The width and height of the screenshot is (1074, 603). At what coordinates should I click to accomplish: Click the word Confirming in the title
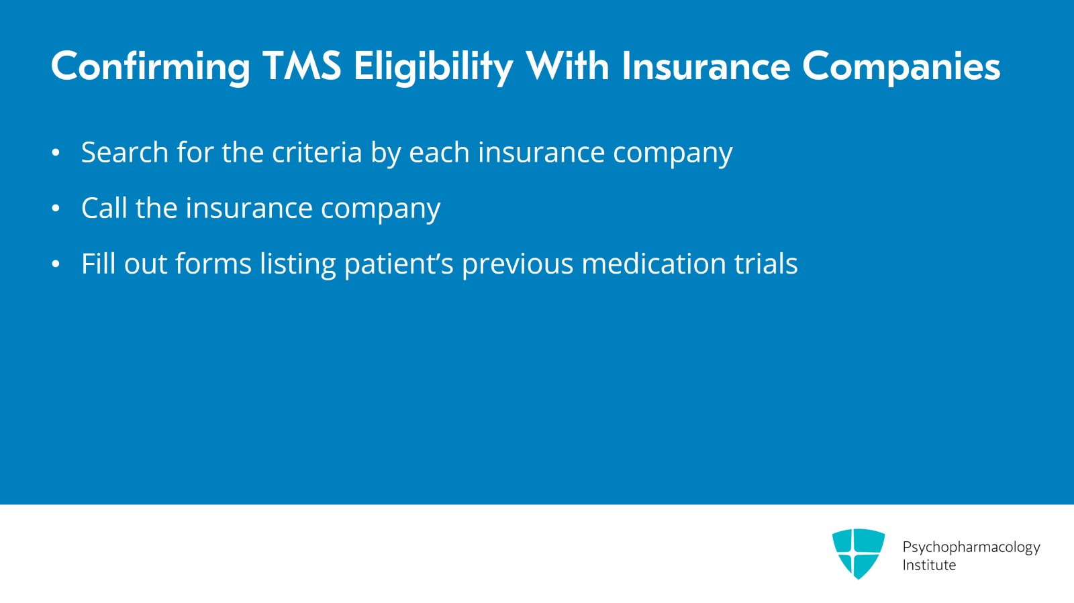(x=150, y=67)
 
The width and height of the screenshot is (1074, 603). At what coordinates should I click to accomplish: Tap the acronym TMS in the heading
(x=302, y=66)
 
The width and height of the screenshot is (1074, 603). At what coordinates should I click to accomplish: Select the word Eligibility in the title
(x=434, y=67)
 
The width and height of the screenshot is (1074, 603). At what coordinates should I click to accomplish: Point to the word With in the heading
(x=568, y=66)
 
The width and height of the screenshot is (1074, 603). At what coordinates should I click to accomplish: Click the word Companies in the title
(x=901, y=67)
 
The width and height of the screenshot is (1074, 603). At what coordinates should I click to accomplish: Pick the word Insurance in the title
(x=705, y=66)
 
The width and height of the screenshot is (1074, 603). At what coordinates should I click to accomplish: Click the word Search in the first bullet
(x=125, y=152)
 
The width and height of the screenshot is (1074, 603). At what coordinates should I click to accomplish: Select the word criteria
(x=317, y=152)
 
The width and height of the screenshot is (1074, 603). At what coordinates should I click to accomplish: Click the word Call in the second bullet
(x=104, y=208)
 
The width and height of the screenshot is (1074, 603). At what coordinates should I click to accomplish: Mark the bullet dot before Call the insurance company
(x=56, y=209)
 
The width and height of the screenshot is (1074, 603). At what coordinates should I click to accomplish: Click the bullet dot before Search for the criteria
(x=56, y=153)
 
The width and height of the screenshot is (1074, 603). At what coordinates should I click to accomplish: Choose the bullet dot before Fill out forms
(x=56, y=264)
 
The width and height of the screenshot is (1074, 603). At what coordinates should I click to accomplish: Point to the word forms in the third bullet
(x=213, y=264)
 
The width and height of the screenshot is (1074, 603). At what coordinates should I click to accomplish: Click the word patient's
(x=399, y=264)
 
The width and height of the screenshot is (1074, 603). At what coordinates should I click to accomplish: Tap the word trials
(x=766, y=264)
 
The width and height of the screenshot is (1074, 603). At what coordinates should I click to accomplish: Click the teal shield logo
(x=858, y=553)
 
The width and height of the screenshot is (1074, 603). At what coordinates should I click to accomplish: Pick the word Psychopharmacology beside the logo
(x=971, y=547)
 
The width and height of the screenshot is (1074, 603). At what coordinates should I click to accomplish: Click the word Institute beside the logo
(x=929, y=565)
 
